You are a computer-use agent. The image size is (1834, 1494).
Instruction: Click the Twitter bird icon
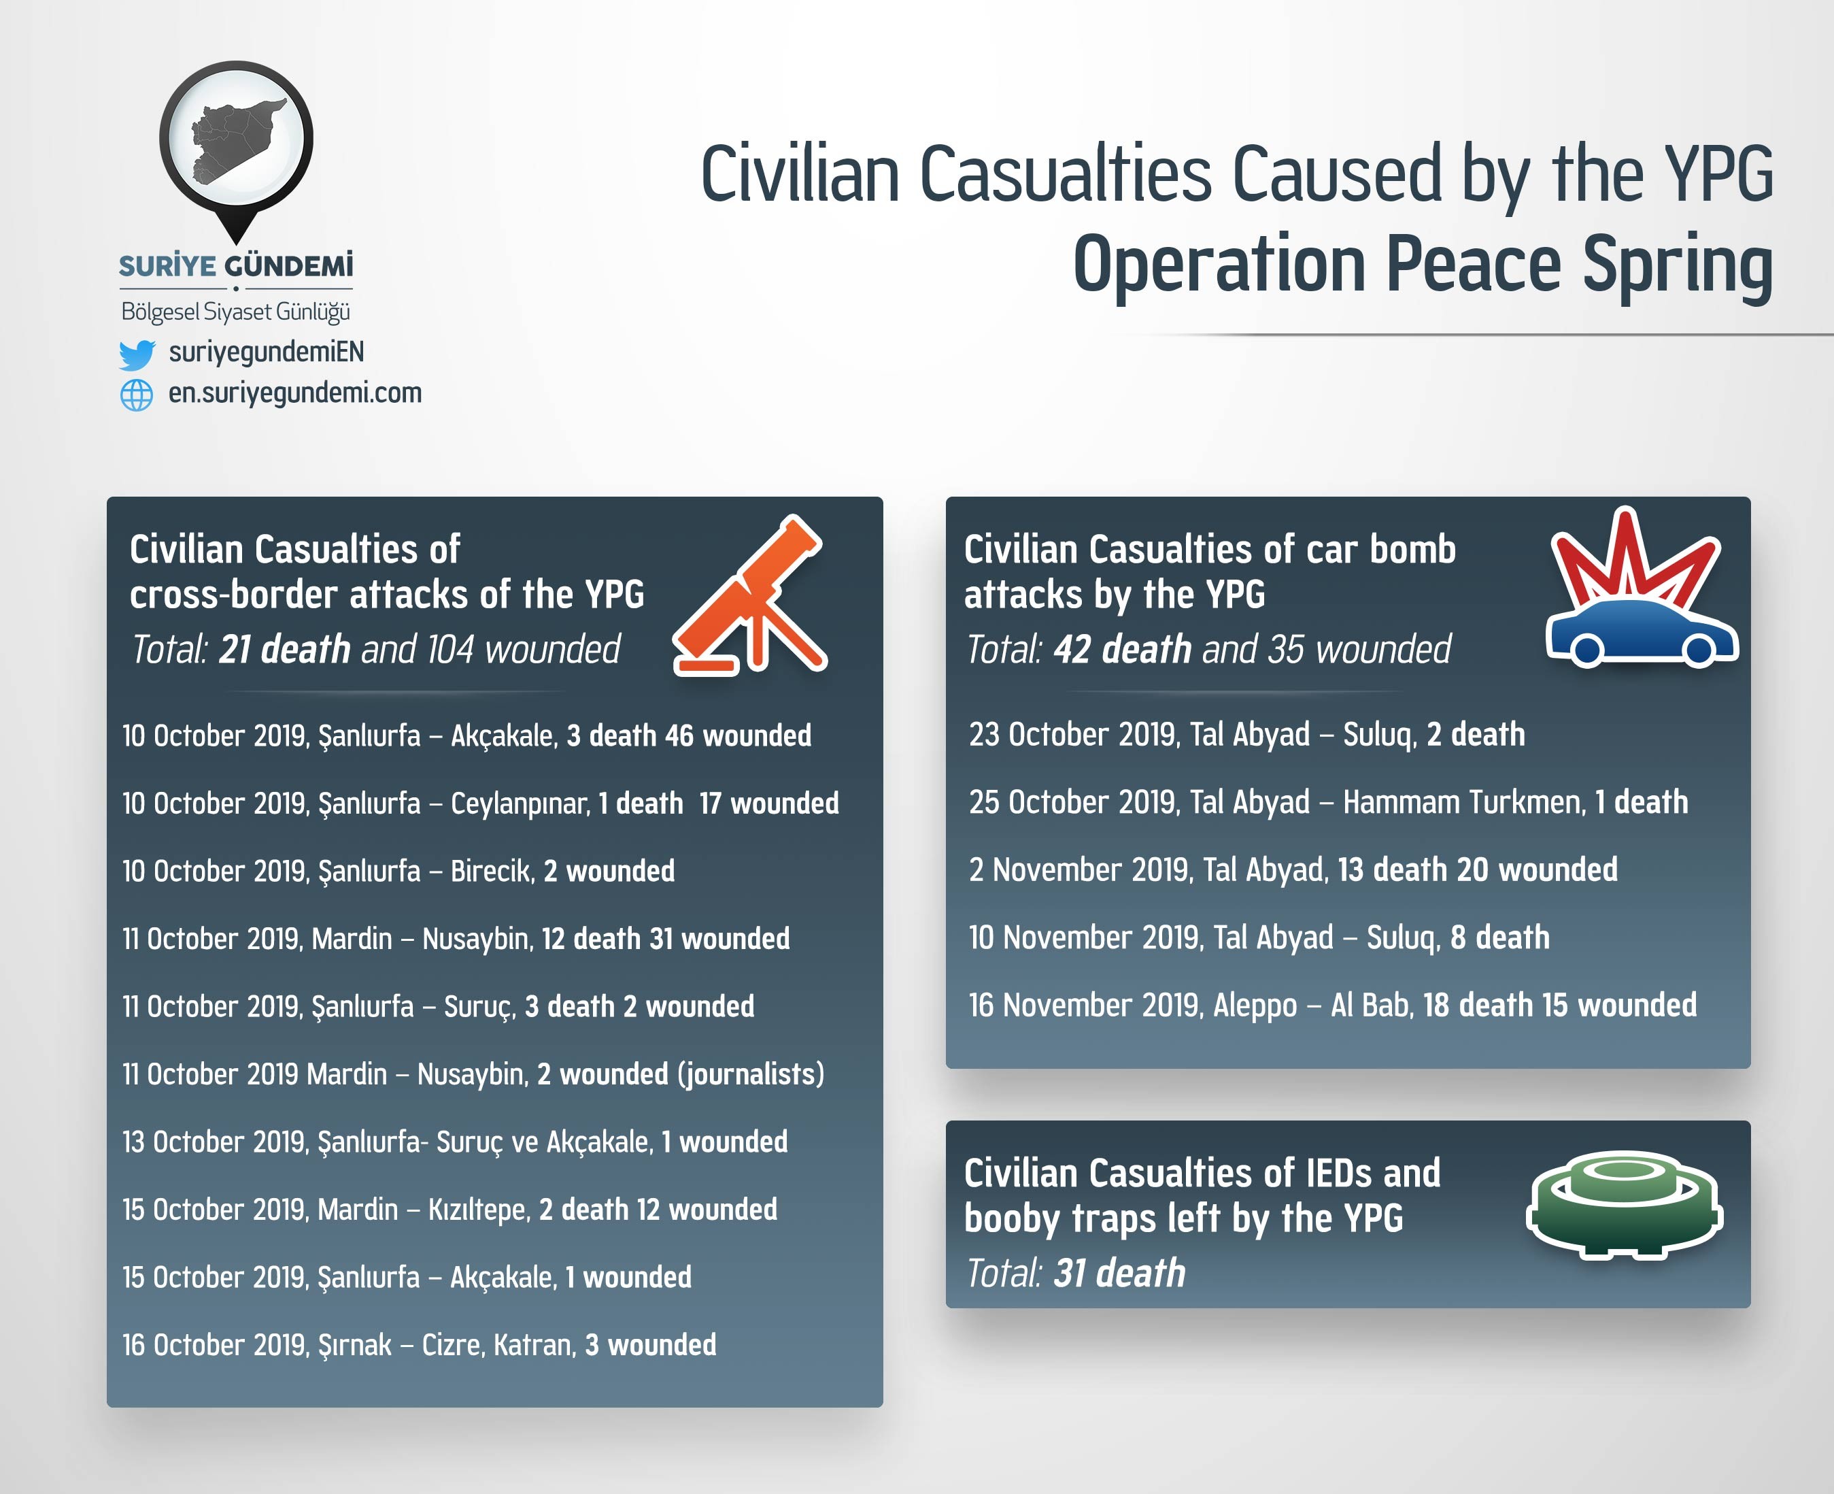coord(137,354)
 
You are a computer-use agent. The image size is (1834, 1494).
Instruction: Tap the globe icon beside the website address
coord(137,395)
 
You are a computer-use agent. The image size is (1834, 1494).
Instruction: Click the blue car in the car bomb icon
coord(1642,634)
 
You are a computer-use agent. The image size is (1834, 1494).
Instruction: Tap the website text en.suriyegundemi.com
coord(295,393)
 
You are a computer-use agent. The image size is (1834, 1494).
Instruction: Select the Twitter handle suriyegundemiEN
coord(267,352)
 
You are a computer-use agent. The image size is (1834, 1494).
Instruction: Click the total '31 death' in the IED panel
coord(1119,1273)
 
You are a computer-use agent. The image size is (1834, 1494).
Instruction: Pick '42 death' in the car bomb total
coord(1123,649)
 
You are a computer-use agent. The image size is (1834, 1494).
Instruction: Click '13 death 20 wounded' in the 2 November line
coord(1477,869)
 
